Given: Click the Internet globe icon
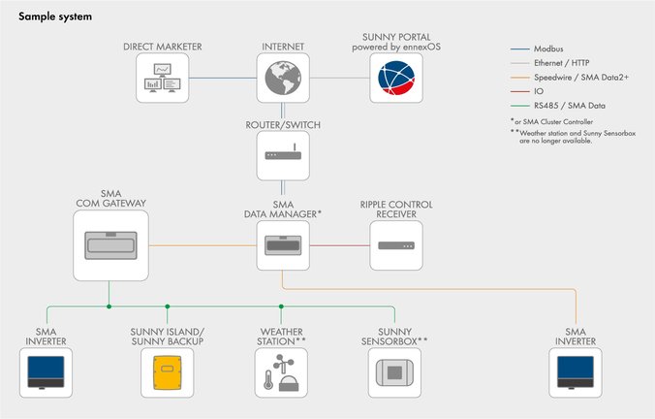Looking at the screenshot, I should point(282,80).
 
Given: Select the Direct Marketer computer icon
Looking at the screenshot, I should point(160,80).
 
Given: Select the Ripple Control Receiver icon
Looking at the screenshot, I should point(395,244).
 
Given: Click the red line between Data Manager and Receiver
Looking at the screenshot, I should point(339,244).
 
